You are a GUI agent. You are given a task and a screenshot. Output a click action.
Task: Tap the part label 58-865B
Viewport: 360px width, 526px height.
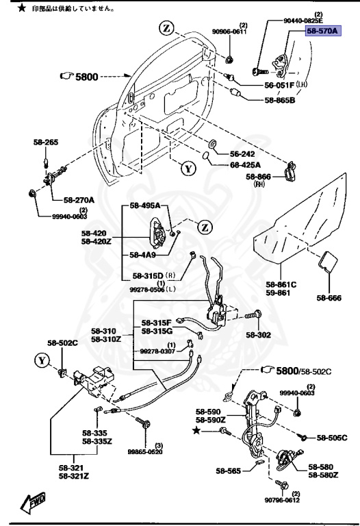tap(279, 100)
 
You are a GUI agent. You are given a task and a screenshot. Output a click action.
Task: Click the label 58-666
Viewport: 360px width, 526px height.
tap(329, 297)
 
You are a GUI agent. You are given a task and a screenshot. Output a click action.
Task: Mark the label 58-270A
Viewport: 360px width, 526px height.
tap(79, 200)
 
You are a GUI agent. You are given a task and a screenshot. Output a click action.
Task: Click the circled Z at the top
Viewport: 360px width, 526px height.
tap(167, 28)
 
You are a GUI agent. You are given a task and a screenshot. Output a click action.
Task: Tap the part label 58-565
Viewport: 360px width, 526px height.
tap(229, 472)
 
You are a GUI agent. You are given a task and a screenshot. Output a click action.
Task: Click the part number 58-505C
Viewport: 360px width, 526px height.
tap(332, 436)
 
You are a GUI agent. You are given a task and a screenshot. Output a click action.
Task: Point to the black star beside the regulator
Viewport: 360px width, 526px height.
tap(198, 429)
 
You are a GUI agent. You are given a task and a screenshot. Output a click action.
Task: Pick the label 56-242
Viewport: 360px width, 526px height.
tap(242, 154)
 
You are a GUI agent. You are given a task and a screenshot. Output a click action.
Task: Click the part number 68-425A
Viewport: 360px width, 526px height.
tap(245, 164)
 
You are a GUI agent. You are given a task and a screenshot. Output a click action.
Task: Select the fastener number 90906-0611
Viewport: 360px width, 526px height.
tap(229, 32)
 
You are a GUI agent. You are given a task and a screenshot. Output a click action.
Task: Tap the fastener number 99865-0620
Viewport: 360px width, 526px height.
tap(144, 452)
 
